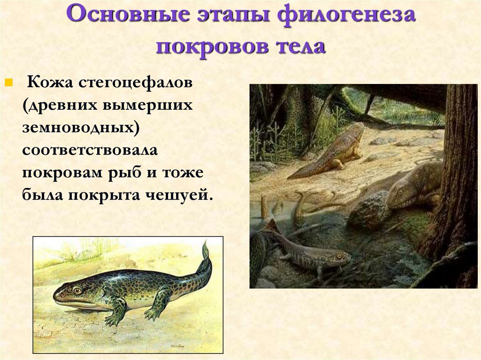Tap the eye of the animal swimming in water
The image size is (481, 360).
(x=338, y=256)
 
